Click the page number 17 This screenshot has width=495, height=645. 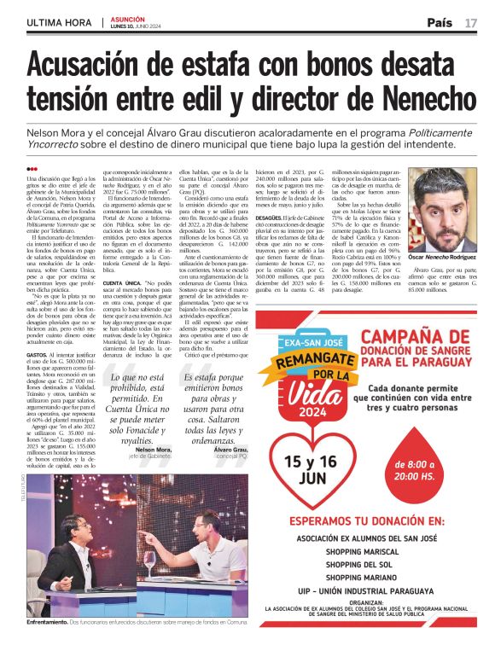click(471, 22)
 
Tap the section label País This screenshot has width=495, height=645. click(440, 22)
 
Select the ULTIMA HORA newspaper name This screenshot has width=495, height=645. click(59, 22)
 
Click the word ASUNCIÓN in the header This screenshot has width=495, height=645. click(125, 18)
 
